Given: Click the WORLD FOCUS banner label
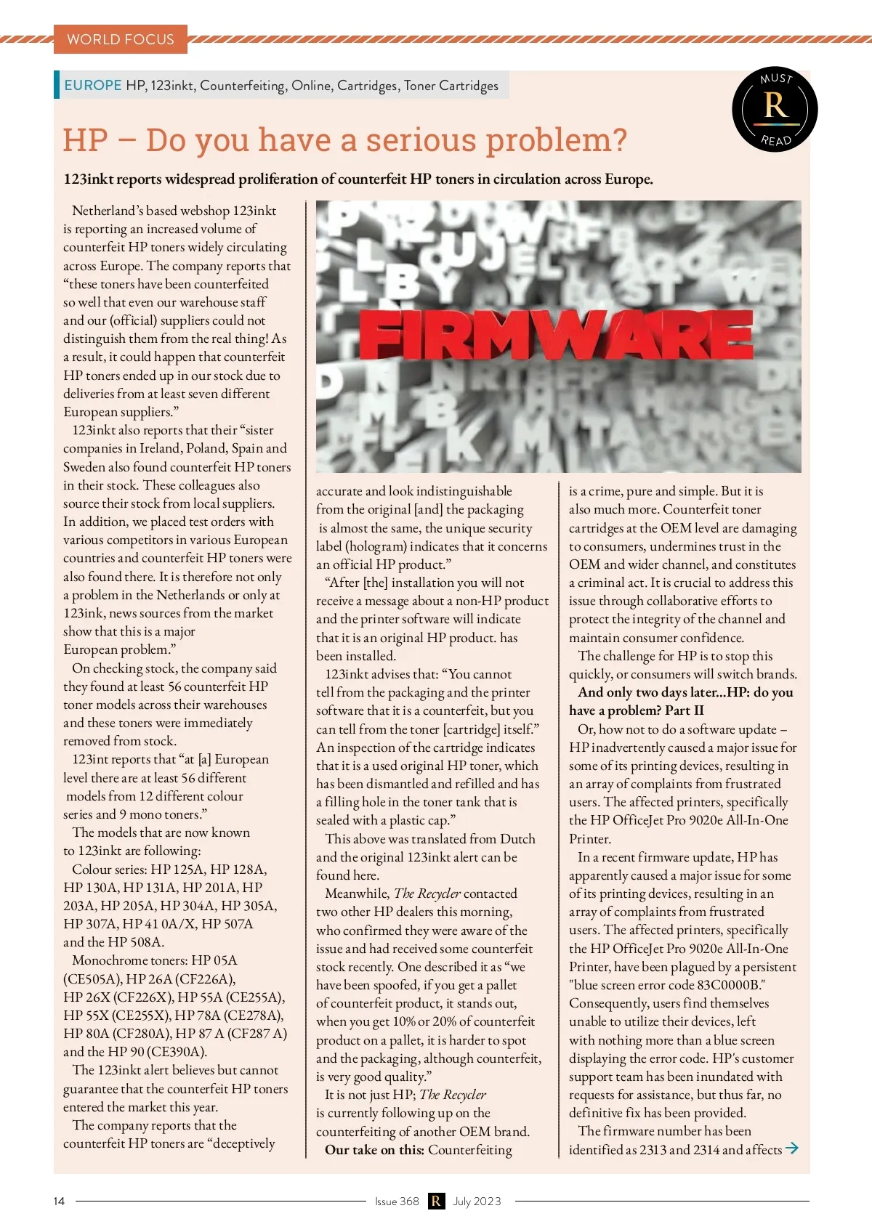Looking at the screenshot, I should tap(121, 39).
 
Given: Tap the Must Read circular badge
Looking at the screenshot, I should tap(775, 110).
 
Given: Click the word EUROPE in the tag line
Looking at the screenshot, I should tap(93, 85).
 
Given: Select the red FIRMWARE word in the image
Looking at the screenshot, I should tap(556, 336).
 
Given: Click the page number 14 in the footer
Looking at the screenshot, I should tap(59, 1201).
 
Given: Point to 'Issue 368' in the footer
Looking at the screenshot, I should tap(397, 1201).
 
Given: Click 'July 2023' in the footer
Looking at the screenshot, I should tap(477, 1201).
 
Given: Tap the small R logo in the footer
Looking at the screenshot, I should tap(436, 1201).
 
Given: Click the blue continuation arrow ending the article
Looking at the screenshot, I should tap(792, 1148).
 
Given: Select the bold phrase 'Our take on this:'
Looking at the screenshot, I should tap(374, 1149).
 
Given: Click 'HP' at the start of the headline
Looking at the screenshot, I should tap(86, 139).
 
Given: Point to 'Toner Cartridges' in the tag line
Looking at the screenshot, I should tap(451, 85).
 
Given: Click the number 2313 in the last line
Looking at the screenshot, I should tap(653, 1149).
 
